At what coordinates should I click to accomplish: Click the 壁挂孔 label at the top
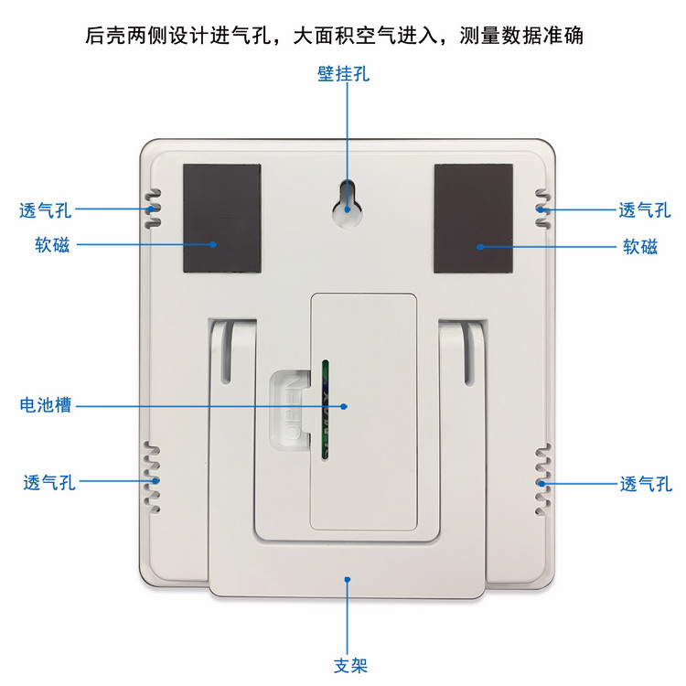[343, 73]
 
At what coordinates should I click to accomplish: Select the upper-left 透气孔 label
[45, 210]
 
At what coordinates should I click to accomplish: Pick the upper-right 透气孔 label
[645, 210]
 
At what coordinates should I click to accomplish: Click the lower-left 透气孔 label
[49, 483]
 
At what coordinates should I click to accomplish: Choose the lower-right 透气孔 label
[646, 484]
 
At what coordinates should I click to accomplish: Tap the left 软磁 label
[52, 245]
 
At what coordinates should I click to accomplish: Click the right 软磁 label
[640, 247]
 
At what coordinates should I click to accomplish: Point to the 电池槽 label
[46, 405]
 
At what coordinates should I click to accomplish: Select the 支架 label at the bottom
[350, 666]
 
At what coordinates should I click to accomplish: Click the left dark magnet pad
[222, 219]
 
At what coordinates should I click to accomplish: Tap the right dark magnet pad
[474, 219]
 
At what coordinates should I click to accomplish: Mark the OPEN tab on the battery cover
[291, 410]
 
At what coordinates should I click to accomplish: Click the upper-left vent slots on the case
[153, 209]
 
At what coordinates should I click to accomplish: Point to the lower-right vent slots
[543, 480]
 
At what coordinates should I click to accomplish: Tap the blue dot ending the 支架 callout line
[348, 579]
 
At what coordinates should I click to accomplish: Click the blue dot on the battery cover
[344, 406]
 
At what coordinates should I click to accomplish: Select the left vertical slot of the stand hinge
[226, 353]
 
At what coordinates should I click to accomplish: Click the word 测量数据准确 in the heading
[521, 36]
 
